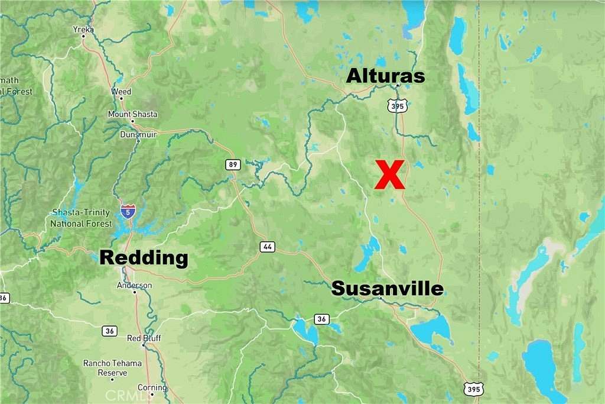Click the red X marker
pos(390,174)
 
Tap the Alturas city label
pos(385,76)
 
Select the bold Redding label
pos(144,258)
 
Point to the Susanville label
pos(387,289)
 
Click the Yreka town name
pos(83,28)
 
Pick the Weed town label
pos(122,92)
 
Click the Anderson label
pos(135,285)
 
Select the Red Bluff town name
pos(144,338)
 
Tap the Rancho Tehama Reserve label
pos(113,368)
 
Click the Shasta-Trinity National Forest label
pos(81,218)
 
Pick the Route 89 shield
pos(230,164)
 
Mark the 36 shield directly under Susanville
pos(321,319)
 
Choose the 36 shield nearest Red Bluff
pos(109,331)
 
